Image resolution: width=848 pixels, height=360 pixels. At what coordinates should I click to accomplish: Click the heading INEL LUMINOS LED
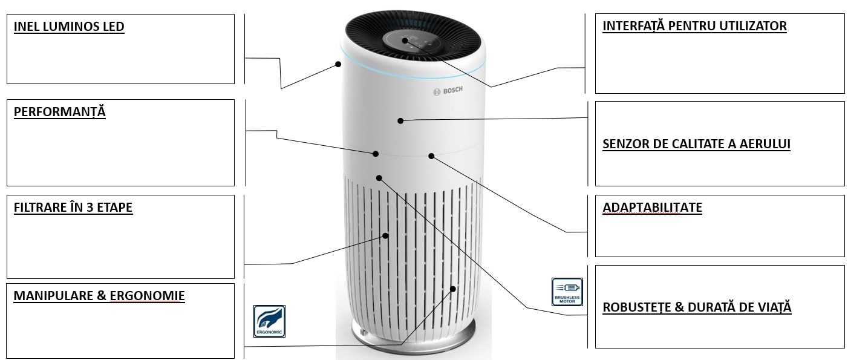tap(69, 27)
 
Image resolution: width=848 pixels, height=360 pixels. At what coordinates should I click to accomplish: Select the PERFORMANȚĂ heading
tap(59, 112)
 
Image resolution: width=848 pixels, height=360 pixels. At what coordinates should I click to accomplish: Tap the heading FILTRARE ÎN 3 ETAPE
tap(73, 208)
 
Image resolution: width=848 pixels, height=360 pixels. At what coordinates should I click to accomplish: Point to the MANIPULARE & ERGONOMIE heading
tap(99, 296)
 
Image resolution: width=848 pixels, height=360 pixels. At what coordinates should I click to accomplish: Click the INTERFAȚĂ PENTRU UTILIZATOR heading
tap(694, 26)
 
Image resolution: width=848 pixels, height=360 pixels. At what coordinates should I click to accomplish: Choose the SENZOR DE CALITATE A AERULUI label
tap(696, 144)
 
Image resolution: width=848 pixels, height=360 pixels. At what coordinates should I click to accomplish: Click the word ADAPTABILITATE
tap(652, 208)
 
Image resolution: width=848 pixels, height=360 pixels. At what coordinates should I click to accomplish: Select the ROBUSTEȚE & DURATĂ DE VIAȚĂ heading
tap(697, 307)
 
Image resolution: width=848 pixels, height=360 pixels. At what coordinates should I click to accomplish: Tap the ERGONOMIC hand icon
tap(269, 321)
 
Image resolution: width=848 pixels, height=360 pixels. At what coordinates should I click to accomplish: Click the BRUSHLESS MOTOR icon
tap(567, 292)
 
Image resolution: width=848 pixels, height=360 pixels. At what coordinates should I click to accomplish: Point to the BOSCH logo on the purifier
tap(448, 91)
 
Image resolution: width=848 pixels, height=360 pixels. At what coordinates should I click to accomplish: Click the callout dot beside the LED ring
tap(338, 64)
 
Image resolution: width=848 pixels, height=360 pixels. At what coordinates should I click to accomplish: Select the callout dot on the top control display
tap(405, 41)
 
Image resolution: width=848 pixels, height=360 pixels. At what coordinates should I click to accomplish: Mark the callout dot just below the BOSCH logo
tap(400, 121)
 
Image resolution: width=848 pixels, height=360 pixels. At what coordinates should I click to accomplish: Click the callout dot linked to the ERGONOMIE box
tap(453, 289)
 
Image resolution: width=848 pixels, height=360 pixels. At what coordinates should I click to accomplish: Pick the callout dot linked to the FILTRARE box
tap(385, 236)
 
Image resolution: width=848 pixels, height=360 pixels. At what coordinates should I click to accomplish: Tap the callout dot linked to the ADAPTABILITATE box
tap(431, 156)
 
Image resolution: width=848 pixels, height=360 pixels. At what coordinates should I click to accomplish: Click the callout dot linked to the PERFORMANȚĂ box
tap(376, 154)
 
